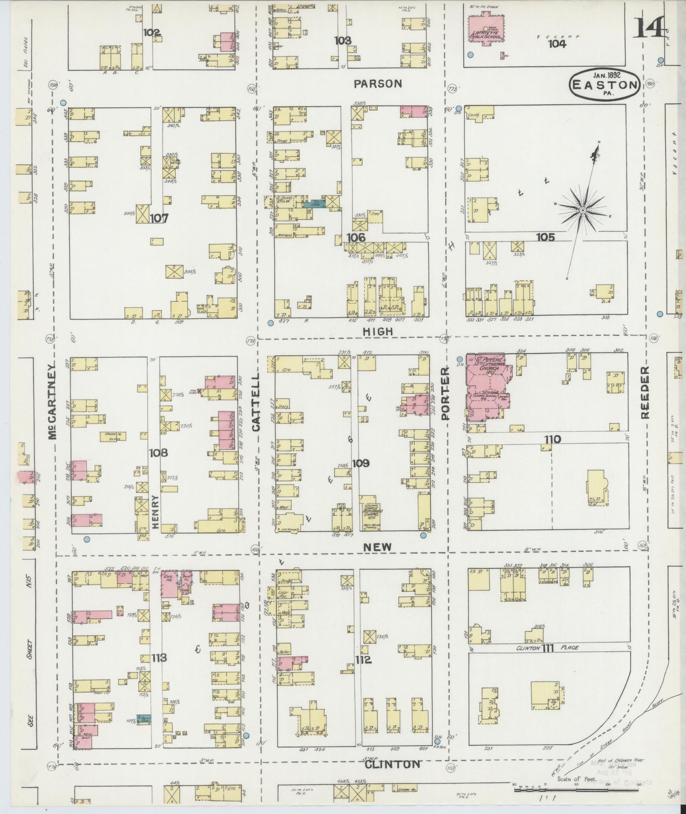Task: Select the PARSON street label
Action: [x=378, y=84]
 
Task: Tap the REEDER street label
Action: [x=644, y=392]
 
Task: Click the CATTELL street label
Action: [x=256, y=401]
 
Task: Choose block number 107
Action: [x=159, y=218]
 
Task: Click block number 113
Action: [x=159, y=657]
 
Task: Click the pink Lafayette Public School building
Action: [x=487, y=29]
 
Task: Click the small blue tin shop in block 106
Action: [x=313, y=203]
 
